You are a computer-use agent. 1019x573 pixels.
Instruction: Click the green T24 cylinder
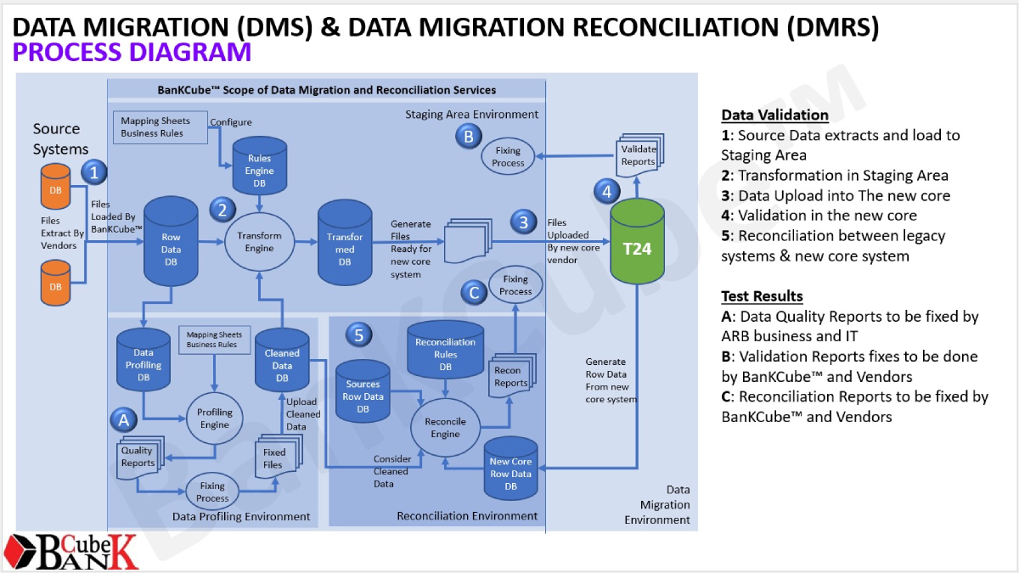(x=637, y=248)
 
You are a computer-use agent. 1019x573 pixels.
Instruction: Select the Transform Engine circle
(x=260, y=242)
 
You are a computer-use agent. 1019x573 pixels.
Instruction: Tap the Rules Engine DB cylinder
(x=260, y=165)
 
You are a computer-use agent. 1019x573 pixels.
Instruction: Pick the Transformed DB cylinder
(x=345, y=244)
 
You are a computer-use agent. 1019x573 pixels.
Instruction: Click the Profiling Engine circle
(x=215, y=419)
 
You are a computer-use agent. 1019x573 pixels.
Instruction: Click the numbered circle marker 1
(x=95, y=172)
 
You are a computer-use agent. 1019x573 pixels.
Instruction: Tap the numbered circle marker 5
(x=358, y=334)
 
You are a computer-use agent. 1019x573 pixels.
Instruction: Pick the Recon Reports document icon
(x=510, y=376)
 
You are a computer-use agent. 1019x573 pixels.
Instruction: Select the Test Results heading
(x=762, y=296)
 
